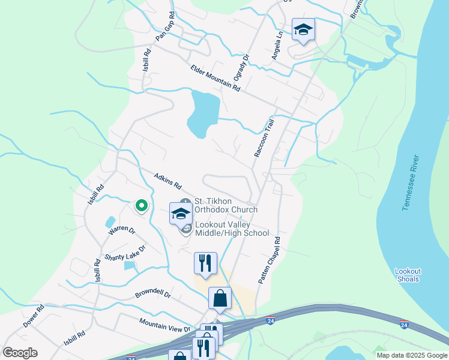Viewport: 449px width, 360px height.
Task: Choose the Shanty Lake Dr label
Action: pyautogui.click(x=125, y=253)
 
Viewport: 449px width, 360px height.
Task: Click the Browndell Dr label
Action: pyautogui.click(x=153, y=295)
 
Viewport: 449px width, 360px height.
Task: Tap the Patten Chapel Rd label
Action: pyautogui.click(x=270, y=260)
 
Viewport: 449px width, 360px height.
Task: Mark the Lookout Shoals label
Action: pyautogui.click(x=408, y=275)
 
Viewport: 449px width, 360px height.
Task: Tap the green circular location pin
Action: pyautogui.click(x=142, y=206)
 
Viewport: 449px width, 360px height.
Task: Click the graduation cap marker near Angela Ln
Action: pyautogui.click(x=303, y=29)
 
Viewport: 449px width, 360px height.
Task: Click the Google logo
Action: pyautogui.click(x=20, y=352)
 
